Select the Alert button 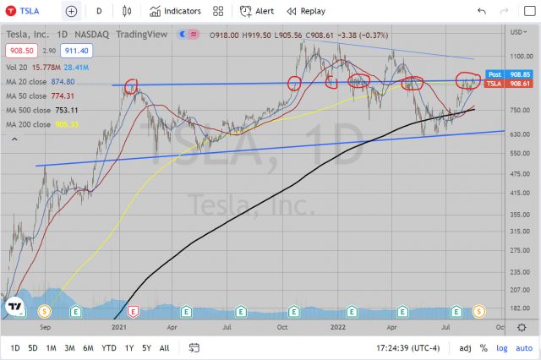pyautogui.click(x=256, y=11)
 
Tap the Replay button pyautogui.click(x=305, y=11)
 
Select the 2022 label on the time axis pyautogui.click(x=337, y=325)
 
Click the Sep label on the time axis pyautogui.click(x=45, y=325)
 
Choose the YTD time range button pyautogui.click(x=109, y=347)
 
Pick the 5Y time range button pyautogui.click(x=147, y=347)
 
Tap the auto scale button pyautogui.click(x=525, y=347)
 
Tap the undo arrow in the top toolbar pyautogui.click(x=481, y=11)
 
